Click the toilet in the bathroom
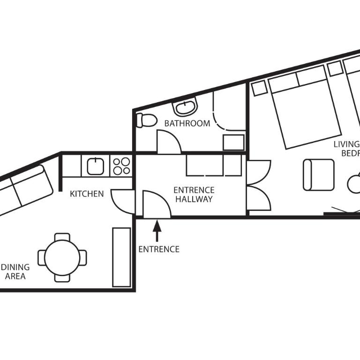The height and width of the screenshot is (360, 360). click(x=146, y=120)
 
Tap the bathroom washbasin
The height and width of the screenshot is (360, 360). click(x=185, y=108)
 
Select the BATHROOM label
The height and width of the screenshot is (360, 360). click(x=187, y=124)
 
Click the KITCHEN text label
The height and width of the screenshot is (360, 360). click(x=87, y=194)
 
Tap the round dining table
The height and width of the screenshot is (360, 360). click(x=62, y=257)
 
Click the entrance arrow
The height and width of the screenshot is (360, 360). click(x=157, y=231)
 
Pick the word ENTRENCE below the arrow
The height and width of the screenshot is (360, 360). click(x=158, y=249)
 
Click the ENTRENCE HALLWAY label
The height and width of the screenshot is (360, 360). click(x=194, y=195)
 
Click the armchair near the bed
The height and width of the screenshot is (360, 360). click(x=318, y=175)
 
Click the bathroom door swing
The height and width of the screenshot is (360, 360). click(x=168, y=142)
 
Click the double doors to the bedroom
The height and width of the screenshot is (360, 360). click(x=258, y=185)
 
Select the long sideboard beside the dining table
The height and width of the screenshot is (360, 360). click(x=121, y=257)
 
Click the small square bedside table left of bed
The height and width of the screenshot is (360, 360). click(x=259, y=88)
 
